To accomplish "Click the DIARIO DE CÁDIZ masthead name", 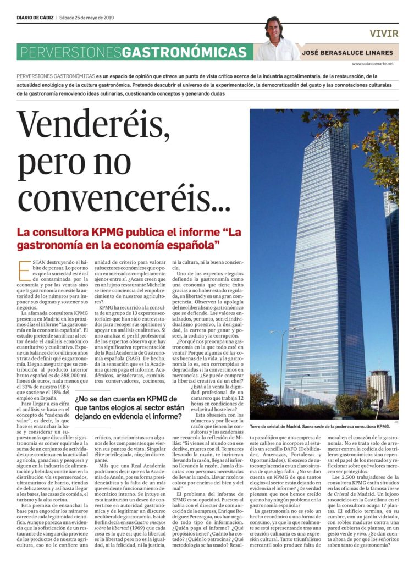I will (36, 16).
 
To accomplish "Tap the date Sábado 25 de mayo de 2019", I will (86, 16).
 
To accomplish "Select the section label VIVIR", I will (384, 34).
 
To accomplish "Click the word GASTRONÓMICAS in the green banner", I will (184, 52).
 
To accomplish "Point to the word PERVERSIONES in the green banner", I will (69, 52).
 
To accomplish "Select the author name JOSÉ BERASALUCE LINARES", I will (347, 53).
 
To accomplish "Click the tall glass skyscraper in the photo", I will (324, 264).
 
